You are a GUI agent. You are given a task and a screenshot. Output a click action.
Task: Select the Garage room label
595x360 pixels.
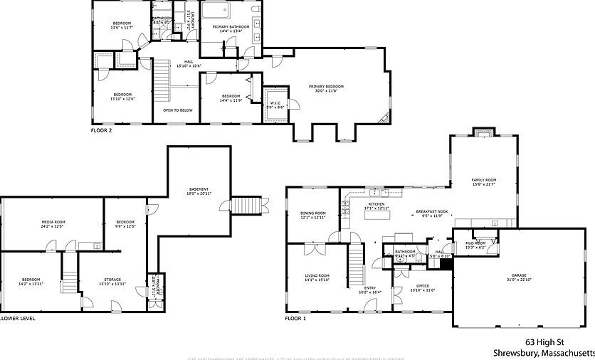pos(519,277)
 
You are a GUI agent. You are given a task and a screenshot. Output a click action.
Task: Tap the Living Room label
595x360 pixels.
pos(317,277)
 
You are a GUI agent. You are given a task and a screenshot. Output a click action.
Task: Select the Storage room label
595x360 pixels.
pos(112,282)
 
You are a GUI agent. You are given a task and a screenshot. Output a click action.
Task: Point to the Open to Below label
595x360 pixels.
pos(177,110)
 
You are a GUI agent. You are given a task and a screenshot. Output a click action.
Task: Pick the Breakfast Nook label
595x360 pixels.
pos(432,212)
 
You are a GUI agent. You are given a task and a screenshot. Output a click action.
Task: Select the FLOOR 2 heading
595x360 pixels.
pos(101,130)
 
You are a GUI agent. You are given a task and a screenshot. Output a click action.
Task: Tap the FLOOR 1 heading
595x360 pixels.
pos(295,319)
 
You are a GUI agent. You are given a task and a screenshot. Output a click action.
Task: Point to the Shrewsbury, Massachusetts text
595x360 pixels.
pos(544,353)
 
